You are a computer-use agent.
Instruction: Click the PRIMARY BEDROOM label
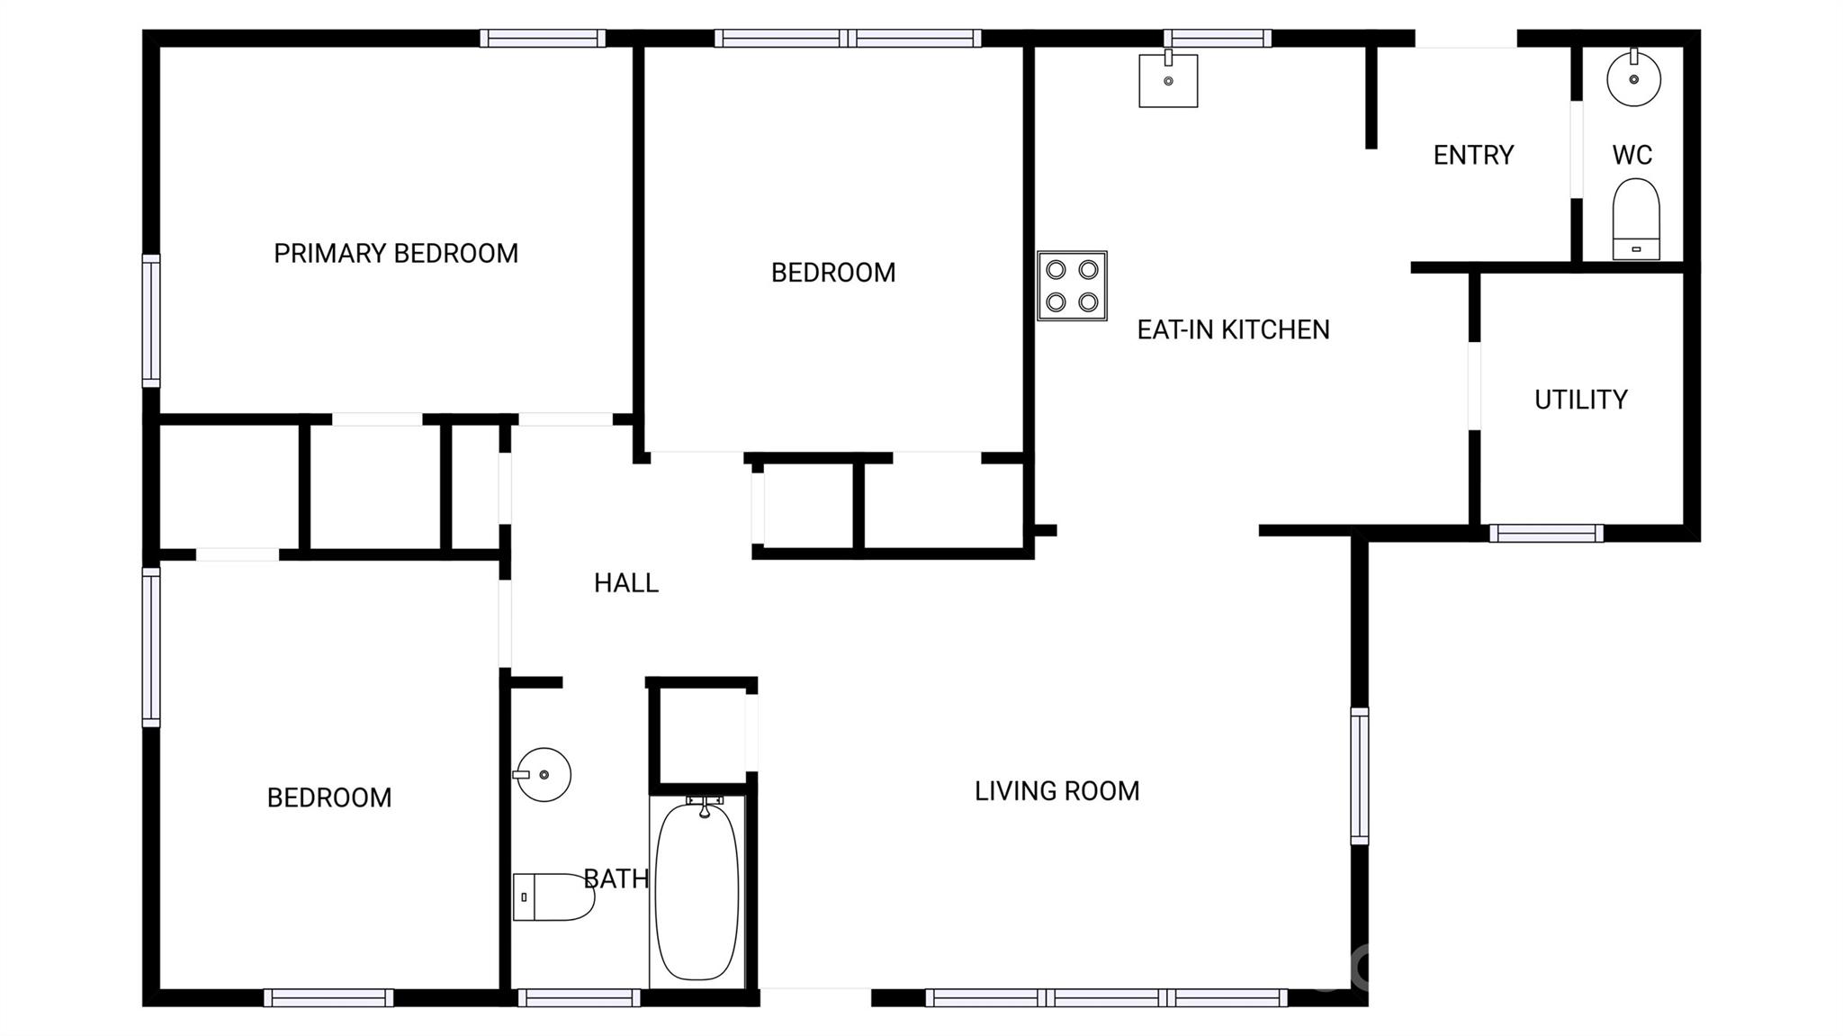(396, 254)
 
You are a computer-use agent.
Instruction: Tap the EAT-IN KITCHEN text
(1233, 330)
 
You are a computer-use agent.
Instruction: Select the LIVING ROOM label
(1056, 791)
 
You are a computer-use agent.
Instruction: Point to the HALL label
(626, 583)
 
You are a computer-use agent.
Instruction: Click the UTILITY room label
(1581, 400)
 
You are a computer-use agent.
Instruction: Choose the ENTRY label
(1473, 156)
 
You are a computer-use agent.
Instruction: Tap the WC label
(1632, 156)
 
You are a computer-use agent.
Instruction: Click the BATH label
(616, 878)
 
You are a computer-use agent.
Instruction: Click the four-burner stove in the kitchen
(1072, 285)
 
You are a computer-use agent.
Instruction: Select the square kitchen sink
(1168, 80)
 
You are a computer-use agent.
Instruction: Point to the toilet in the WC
(1635, 219)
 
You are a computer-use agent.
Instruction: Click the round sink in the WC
(1633, 79)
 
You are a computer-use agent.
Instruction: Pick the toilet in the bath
(553, 896)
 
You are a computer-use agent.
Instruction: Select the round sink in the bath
(544, 774)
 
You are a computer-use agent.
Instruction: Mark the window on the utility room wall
(1546, 533)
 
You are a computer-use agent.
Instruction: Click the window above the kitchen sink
(1217, 38)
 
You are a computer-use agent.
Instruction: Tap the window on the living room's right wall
(1360, 776)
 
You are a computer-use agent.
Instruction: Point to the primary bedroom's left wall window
(151, 321)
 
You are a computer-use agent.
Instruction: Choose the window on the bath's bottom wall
(579, 997)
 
